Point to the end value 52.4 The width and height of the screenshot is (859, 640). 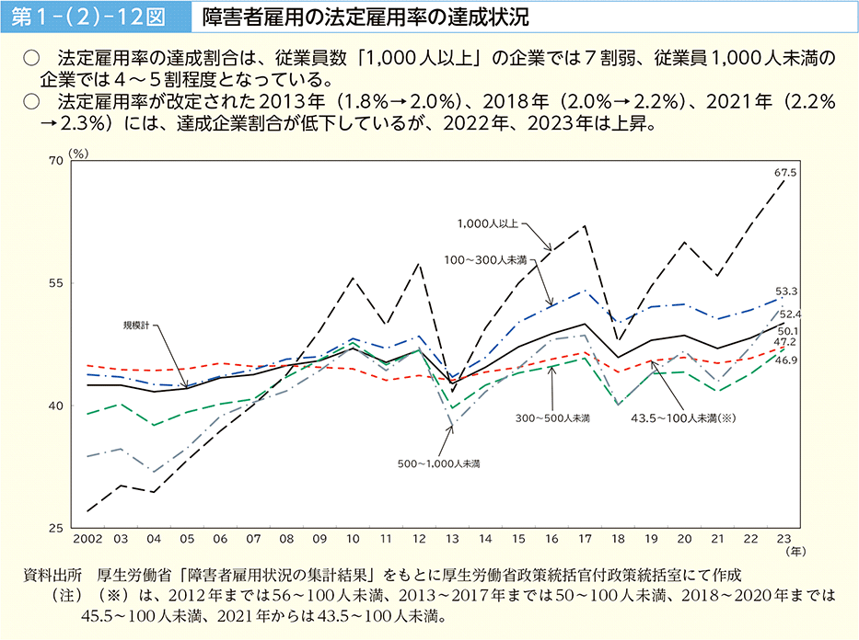click(790, 314)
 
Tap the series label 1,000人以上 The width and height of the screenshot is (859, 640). click(488, 223)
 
